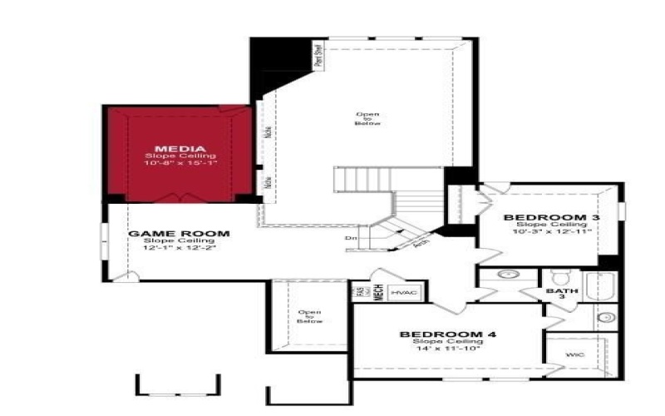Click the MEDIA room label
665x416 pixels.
(x=180, y=149)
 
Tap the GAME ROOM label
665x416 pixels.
(x=178, y=234)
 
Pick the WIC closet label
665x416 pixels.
(x=574, y=355)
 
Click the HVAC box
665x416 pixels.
(x=406, y=293)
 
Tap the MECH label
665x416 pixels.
(x=377, y=293)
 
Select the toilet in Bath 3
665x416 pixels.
(x=559, y=276)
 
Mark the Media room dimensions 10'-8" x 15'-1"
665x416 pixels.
(x=180, y=163)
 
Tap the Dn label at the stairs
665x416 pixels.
(x=351, y=240)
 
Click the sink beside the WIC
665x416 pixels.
(x=604, y=317)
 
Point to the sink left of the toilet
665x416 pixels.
(x=508, y=274)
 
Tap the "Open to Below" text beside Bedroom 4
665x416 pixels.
(x=309, y=317)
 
